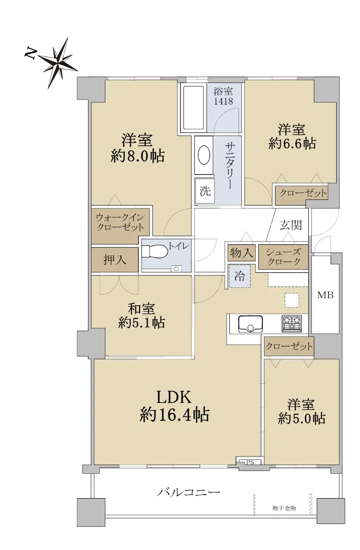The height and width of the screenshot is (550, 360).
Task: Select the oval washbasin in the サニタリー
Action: [204, 155]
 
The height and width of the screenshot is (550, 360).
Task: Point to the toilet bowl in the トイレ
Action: [155, 251]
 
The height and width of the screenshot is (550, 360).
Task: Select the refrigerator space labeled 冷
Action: [240, 276]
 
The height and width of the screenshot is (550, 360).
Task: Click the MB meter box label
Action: [325, 295]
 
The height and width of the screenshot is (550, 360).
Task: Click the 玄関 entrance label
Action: [290, 225]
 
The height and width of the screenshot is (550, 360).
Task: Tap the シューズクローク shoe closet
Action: [284, 257]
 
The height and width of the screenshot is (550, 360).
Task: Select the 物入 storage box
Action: [241, 253]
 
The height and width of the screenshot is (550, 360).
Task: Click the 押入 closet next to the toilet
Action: [115, 259]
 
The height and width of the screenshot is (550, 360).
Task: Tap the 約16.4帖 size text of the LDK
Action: [175, 415]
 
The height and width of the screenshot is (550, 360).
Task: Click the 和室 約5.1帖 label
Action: [142, 315]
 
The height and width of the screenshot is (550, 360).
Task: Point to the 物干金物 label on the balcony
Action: [284, 508]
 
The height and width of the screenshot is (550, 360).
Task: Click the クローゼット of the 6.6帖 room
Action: [303, 193]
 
